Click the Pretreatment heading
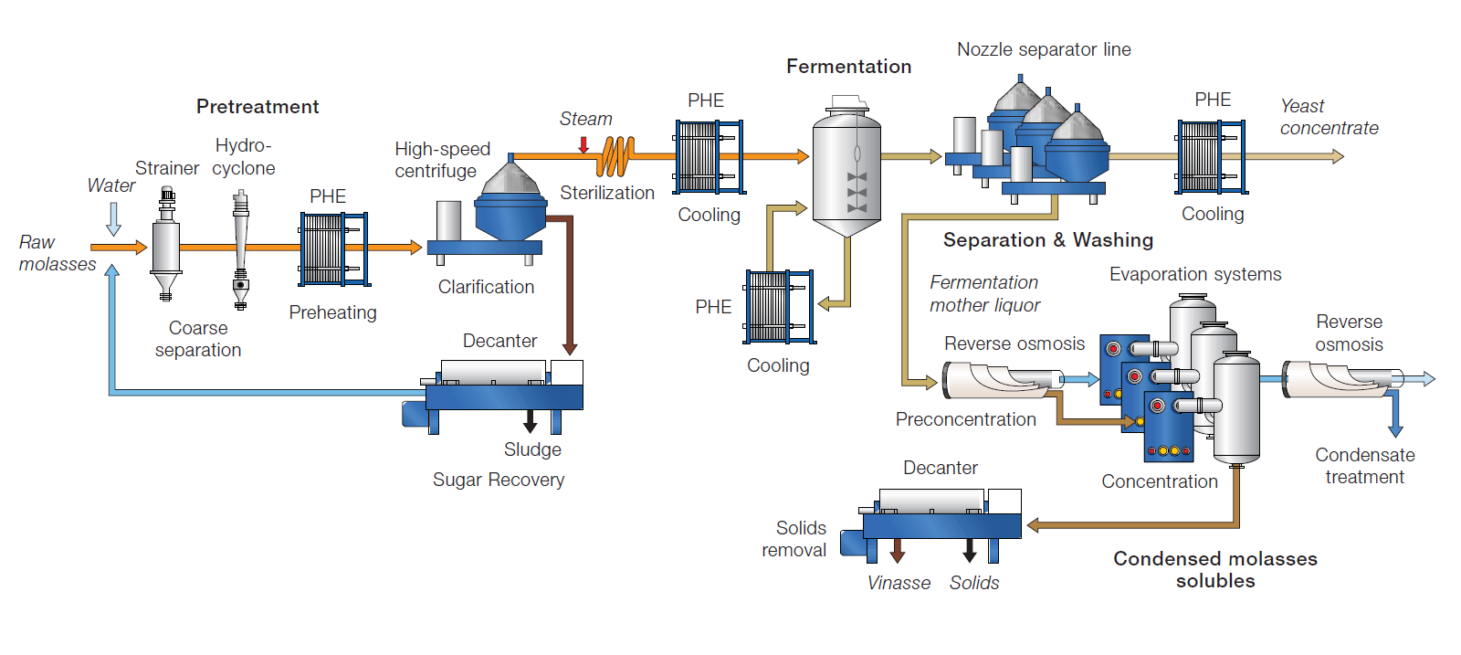pyautogui.click(x=258, y=107)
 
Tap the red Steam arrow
pyautogui.click(x=583, y=144)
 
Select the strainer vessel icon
pyautogui.click(x=166, y=245)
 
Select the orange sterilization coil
pyautogui.click(x=616, y=156)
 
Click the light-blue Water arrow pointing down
pyautogui.click(x=114, y=218)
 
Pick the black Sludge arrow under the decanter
pyautogui.click(x=530, y=421)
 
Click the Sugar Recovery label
pyautogui.click(x=499, y=480)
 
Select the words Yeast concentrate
pyautogui.click(x=1328, y=117)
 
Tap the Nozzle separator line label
pyautogui.click(x=1044, y=49)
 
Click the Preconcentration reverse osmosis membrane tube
pyautogui.click(x=1000, y=380)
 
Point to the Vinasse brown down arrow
pyautogui.click(x=898, y=550)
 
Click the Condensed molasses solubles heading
pyautogui.click(x=1214, y=569)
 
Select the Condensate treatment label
pyautogui.click(x=1364, y=466)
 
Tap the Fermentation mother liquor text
pyautogui.click(x=984, y=293)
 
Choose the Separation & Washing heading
pyautogui.click(x=1047, y=240)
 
